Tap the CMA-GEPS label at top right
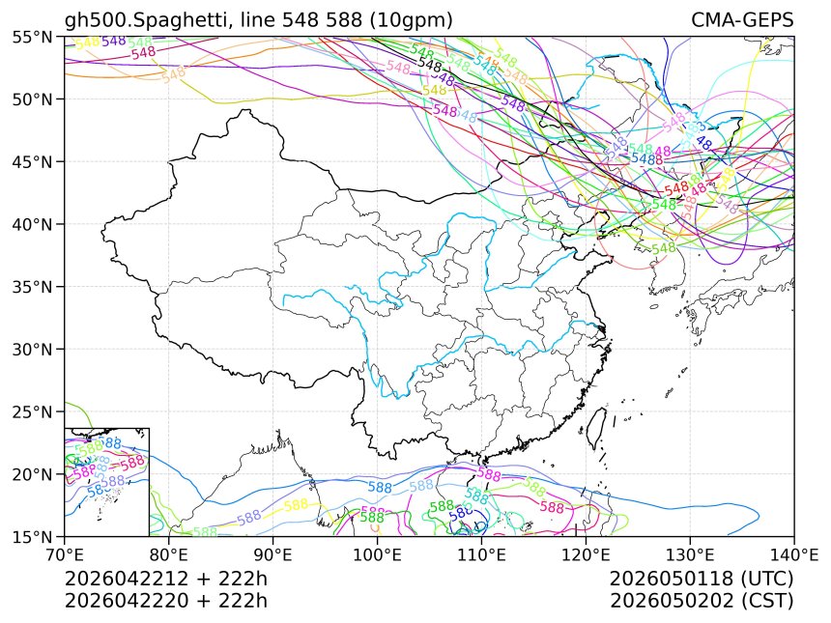tap(742, 20)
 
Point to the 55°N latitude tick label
tap(33, 37)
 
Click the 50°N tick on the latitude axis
tap(33, 99)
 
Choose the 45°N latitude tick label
tap(33, 161)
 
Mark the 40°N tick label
tap(33, 224)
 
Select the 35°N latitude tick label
tap(33, 287)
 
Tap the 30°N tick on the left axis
tap(33, 349)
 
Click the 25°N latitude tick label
tap(33, 411)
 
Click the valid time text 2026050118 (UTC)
tap(702, 579)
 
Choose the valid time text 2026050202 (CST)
tap(702, 601)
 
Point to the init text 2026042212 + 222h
tap(165, 579)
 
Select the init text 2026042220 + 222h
tap(165, 601)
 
